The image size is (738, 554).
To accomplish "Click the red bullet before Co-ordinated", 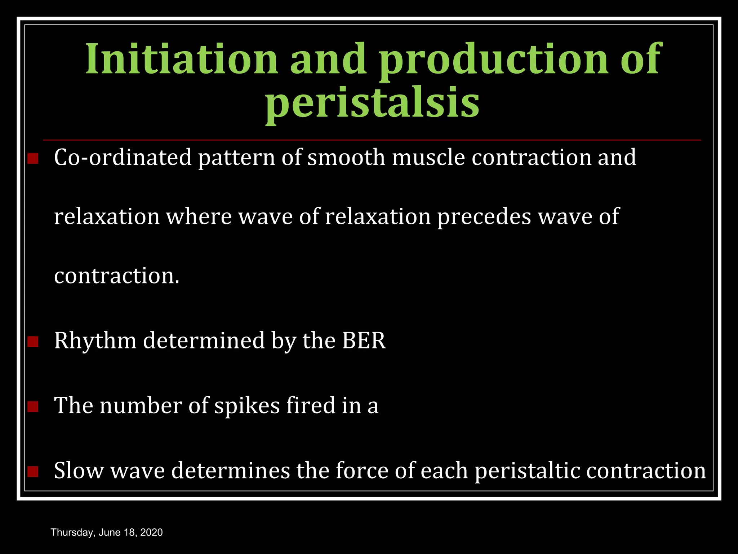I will click(x=33, y=158).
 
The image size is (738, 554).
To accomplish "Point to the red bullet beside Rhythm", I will click(x=33, y=341).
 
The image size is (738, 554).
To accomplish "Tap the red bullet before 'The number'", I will click(x=33, y=406).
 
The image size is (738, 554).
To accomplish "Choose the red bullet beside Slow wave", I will click(x=33, y=471).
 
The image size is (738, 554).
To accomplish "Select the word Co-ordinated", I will click(x=123, y=158).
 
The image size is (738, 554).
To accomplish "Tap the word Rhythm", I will click(x=95, y=341).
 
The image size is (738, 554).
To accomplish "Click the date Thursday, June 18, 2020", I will click(x=107, y=532).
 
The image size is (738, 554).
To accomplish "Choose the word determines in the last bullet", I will click(x=230, y=471).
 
